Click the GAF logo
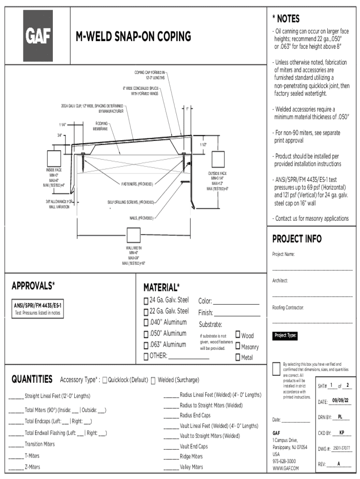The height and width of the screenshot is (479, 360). pos(38,36)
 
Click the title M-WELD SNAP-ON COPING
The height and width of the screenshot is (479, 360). pos(133,36)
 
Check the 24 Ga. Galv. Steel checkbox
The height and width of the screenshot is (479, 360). pos(146,301)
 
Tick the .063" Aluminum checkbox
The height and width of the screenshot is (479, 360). pos(146,346)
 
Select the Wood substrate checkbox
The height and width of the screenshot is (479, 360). pos(238,334)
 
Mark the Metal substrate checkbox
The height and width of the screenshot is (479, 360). pos(238,357)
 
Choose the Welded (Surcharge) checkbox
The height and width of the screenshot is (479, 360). pos(153,380)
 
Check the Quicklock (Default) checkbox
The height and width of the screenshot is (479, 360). pos(105,380)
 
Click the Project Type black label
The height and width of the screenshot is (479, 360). pos(285,335)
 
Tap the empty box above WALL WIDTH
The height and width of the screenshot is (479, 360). pos(133,236)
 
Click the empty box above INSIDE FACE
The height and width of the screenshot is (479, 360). pos(54,158)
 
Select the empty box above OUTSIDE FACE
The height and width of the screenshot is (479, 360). pos(218,159)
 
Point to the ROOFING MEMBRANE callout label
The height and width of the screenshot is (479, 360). pos(101,126)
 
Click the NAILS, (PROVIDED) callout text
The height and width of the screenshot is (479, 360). pos(141,218)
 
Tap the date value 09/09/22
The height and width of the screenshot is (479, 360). pos(340,400)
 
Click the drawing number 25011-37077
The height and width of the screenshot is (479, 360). pos(341,448)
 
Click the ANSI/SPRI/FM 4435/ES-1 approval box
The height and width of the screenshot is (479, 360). pos(37,309)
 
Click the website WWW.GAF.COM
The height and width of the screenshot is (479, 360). pos(286,468)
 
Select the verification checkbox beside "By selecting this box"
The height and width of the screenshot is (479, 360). pos(276,369)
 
